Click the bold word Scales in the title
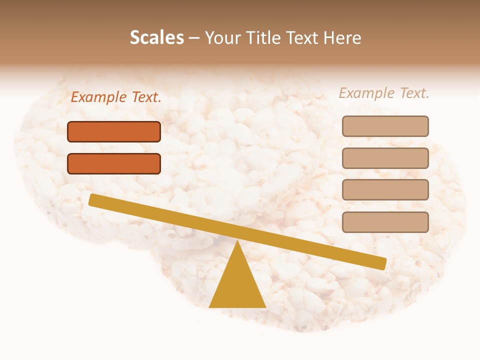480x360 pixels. tap(157, 38)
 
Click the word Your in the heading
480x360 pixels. tap(222, 38)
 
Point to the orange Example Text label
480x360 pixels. tap(116, 97)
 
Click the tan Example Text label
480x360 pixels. tap(384, 93)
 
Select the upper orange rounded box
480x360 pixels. tap(114, 131)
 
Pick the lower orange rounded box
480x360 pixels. tap(114, 163)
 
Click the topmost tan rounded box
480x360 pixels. tap(385, 126)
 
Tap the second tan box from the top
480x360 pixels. tap(385, 158)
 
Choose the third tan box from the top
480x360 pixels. tap(385, 189)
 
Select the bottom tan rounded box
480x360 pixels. tap(385, 222)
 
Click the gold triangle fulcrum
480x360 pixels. tap(237, 285)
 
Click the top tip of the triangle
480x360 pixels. tap(237, 242)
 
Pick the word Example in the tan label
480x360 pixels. tap(367, 93)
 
